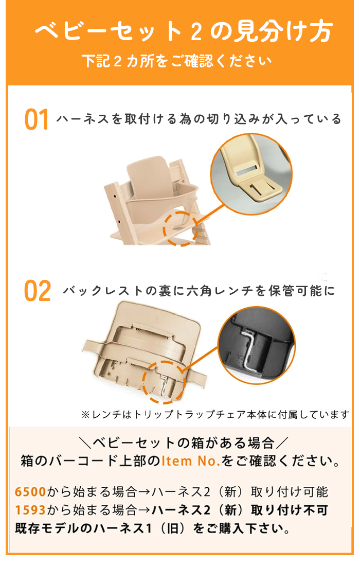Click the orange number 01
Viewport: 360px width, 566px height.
(37, 120)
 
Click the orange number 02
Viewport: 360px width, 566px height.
(38, 291)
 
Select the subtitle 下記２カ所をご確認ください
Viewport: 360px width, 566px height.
(177, 61)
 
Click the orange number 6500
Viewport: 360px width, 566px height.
(31, 492)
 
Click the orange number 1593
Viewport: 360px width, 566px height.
(31, 510)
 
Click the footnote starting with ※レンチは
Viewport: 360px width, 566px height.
(215, 414)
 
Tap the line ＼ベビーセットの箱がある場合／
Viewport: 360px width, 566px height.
(180, 442)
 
